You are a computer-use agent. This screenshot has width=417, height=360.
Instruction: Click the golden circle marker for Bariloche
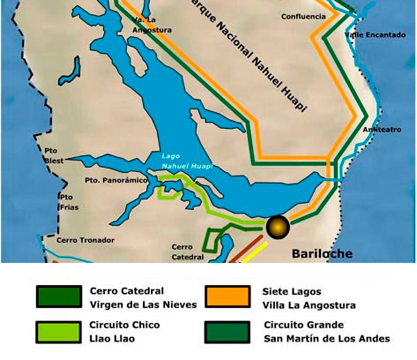pos(278,227)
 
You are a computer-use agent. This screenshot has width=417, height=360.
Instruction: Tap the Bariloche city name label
pos(322,253)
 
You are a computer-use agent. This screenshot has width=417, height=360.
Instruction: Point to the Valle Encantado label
pos(375,35)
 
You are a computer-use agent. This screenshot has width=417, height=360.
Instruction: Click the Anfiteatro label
pos(382,130)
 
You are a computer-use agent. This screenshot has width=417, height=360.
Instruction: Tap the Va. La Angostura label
pos(152,25)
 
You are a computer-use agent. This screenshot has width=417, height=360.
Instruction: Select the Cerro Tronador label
pos(86,240)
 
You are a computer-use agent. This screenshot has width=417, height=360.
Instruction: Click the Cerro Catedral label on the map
pos(187,252)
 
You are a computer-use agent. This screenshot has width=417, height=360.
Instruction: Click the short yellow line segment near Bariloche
pos(255,253)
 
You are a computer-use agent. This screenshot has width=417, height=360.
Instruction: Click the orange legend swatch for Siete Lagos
pos(228,297)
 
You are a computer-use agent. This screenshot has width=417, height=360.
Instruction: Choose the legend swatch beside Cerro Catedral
pos(59,297)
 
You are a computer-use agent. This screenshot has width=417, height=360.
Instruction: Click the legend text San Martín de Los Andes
pos(327,339)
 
